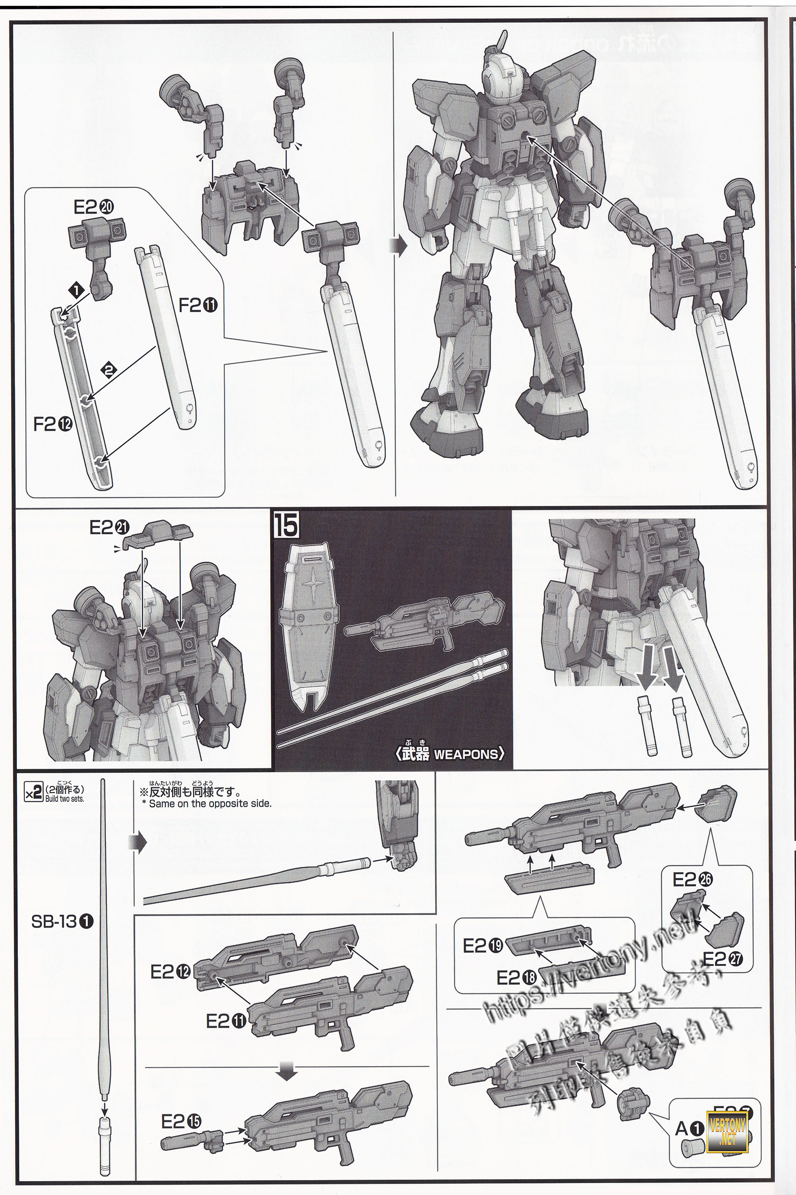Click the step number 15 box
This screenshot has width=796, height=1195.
coord(286,525)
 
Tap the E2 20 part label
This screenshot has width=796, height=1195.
coord(94,207)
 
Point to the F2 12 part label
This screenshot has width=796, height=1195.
coord(52,425)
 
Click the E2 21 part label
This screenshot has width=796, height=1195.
coord(109,528)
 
